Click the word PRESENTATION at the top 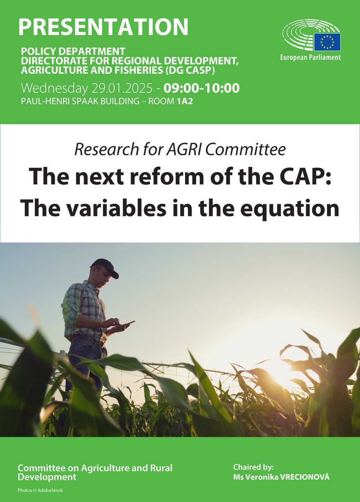(x=103, y=26)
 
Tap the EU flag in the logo (x=327, y=42)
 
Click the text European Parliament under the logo (x=310, y=57)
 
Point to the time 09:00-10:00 (x=201, y=89)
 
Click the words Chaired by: (x=253, y=467)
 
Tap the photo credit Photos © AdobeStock (x=40, y=490)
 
